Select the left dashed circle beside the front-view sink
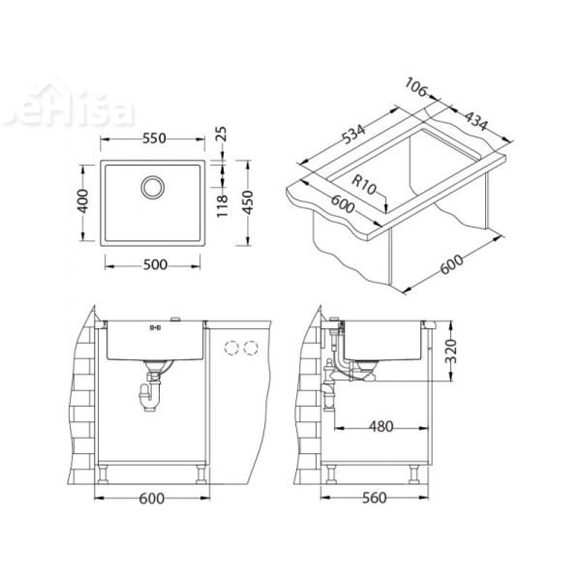click(x=232, y=347)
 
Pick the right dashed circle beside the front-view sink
click(x=253, y=347)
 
